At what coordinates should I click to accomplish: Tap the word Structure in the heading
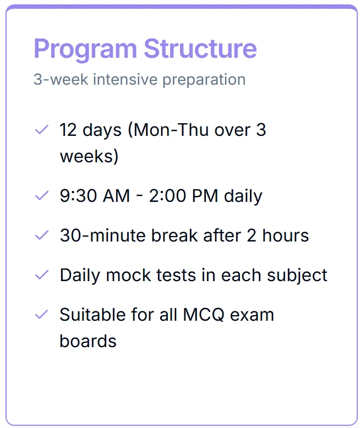[x=200, y=48]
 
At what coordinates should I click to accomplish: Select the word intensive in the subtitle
[x=126, y=79]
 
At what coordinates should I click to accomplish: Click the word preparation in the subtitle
[x=204, y=80]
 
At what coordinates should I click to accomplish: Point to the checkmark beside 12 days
[x=42, y=129]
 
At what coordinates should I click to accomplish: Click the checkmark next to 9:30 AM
[x=42, y=196]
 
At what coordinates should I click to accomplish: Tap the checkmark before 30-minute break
[x=42, y=235]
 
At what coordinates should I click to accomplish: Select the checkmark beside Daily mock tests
[x=42, y=275]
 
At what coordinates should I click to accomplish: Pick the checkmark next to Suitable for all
[x=42, y=315]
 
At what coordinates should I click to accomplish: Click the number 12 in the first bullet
[x=68, y=130]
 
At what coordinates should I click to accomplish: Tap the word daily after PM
[x=243, y=196]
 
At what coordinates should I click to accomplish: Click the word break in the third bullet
[x=174, y=235]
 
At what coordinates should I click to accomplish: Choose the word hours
[x=286, y=235]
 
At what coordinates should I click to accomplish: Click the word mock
[x=128, y=275]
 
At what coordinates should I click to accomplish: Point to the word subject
[x=297, y=276]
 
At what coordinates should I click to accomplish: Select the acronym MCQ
[x=204, y=315]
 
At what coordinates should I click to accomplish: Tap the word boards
[x=88, y=341]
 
